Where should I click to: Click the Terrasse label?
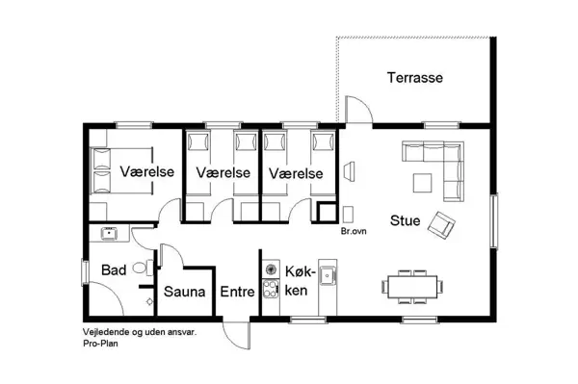click(415, 77)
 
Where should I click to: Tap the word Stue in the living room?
click(405, 220)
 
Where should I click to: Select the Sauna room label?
click(182, 291)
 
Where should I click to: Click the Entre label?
click(237, 291)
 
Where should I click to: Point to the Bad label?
click(115, 269)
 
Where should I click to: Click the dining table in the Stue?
click(414, 286)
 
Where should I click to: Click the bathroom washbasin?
click(108, 234)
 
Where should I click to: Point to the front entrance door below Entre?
click(234, 332)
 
